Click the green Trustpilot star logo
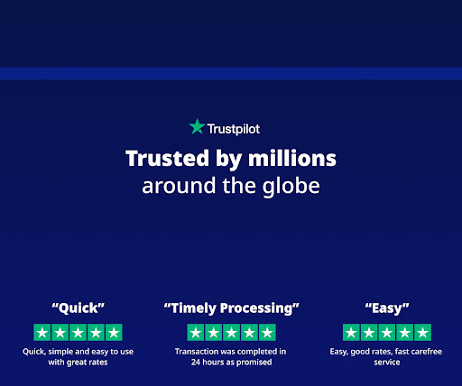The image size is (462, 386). pos(198,126)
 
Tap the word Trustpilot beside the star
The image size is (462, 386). pos(234,129)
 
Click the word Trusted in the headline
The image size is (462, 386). pos(167,158)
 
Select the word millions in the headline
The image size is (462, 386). pos(292,158)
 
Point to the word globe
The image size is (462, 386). pos(291,187)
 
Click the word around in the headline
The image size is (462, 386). pos(179,186)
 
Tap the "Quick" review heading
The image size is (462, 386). pos(78,308)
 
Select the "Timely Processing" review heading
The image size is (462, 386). pos(231,308)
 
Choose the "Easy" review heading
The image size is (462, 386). pos(387,308)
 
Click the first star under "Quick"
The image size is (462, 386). pos(42,332)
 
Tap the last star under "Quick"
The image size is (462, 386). pos(114,332)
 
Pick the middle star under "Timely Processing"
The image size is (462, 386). pos(231,332)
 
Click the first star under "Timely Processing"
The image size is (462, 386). pos(196,332)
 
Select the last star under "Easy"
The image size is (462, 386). pos(422,332)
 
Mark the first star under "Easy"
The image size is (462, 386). pos(351,332)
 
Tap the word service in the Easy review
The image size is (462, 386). pos(387,363)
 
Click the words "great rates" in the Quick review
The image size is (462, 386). pos(87,363)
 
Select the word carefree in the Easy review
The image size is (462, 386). pos(426,352)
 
